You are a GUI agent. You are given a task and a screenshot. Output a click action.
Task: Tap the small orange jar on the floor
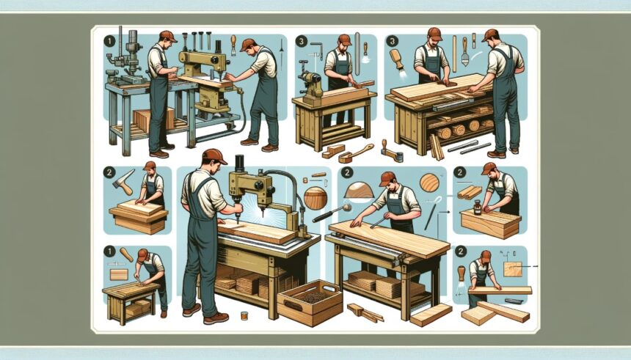(x=244, y=316)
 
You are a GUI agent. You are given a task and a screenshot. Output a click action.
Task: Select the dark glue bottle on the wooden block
(x=478, y=207)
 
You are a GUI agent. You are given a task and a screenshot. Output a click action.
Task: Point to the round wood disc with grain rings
(x=429, y=183)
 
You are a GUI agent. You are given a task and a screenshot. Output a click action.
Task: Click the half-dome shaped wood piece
(x=360, y=190)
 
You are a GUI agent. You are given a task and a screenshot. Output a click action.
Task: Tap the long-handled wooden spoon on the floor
(x=356, y=153)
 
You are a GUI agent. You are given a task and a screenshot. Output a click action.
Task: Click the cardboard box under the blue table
(x=153, y=119)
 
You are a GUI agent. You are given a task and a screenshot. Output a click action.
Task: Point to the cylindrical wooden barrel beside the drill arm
(x=315, y=198)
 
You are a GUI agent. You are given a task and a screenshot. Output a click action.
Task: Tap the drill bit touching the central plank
(x=238, y=219)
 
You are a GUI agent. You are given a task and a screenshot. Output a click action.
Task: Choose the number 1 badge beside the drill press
(x=109, y=41)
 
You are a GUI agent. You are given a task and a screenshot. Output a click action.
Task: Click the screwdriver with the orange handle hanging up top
(x=233, y=44)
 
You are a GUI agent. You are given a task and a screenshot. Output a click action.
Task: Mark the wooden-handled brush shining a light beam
(x=397, y=60)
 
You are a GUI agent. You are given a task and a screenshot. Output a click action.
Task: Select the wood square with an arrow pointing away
(x=513, y=268)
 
